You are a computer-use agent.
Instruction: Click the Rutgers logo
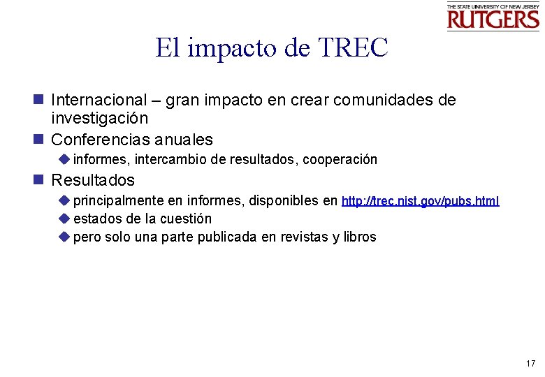[493, 17]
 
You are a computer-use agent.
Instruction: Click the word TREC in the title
[353, 48]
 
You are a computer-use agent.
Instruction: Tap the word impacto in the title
[234, 49]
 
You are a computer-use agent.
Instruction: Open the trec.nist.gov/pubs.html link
[421, 202]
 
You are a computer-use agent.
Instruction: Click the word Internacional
[99, 100]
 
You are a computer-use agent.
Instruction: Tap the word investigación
[99, 119]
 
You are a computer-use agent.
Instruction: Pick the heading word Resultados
[93, 180]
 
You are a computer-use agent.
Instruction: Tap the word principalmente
[118, 202]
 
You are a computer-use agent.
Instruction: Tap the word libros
[358, 237]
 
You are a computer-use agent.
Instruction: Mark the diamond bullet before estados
[64, 219]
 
